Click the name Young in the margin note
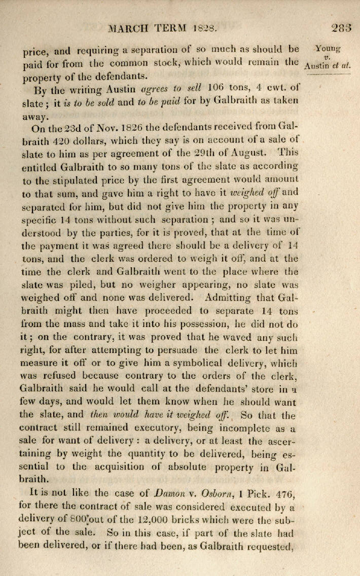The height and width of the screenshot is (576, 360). [327, 49]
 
